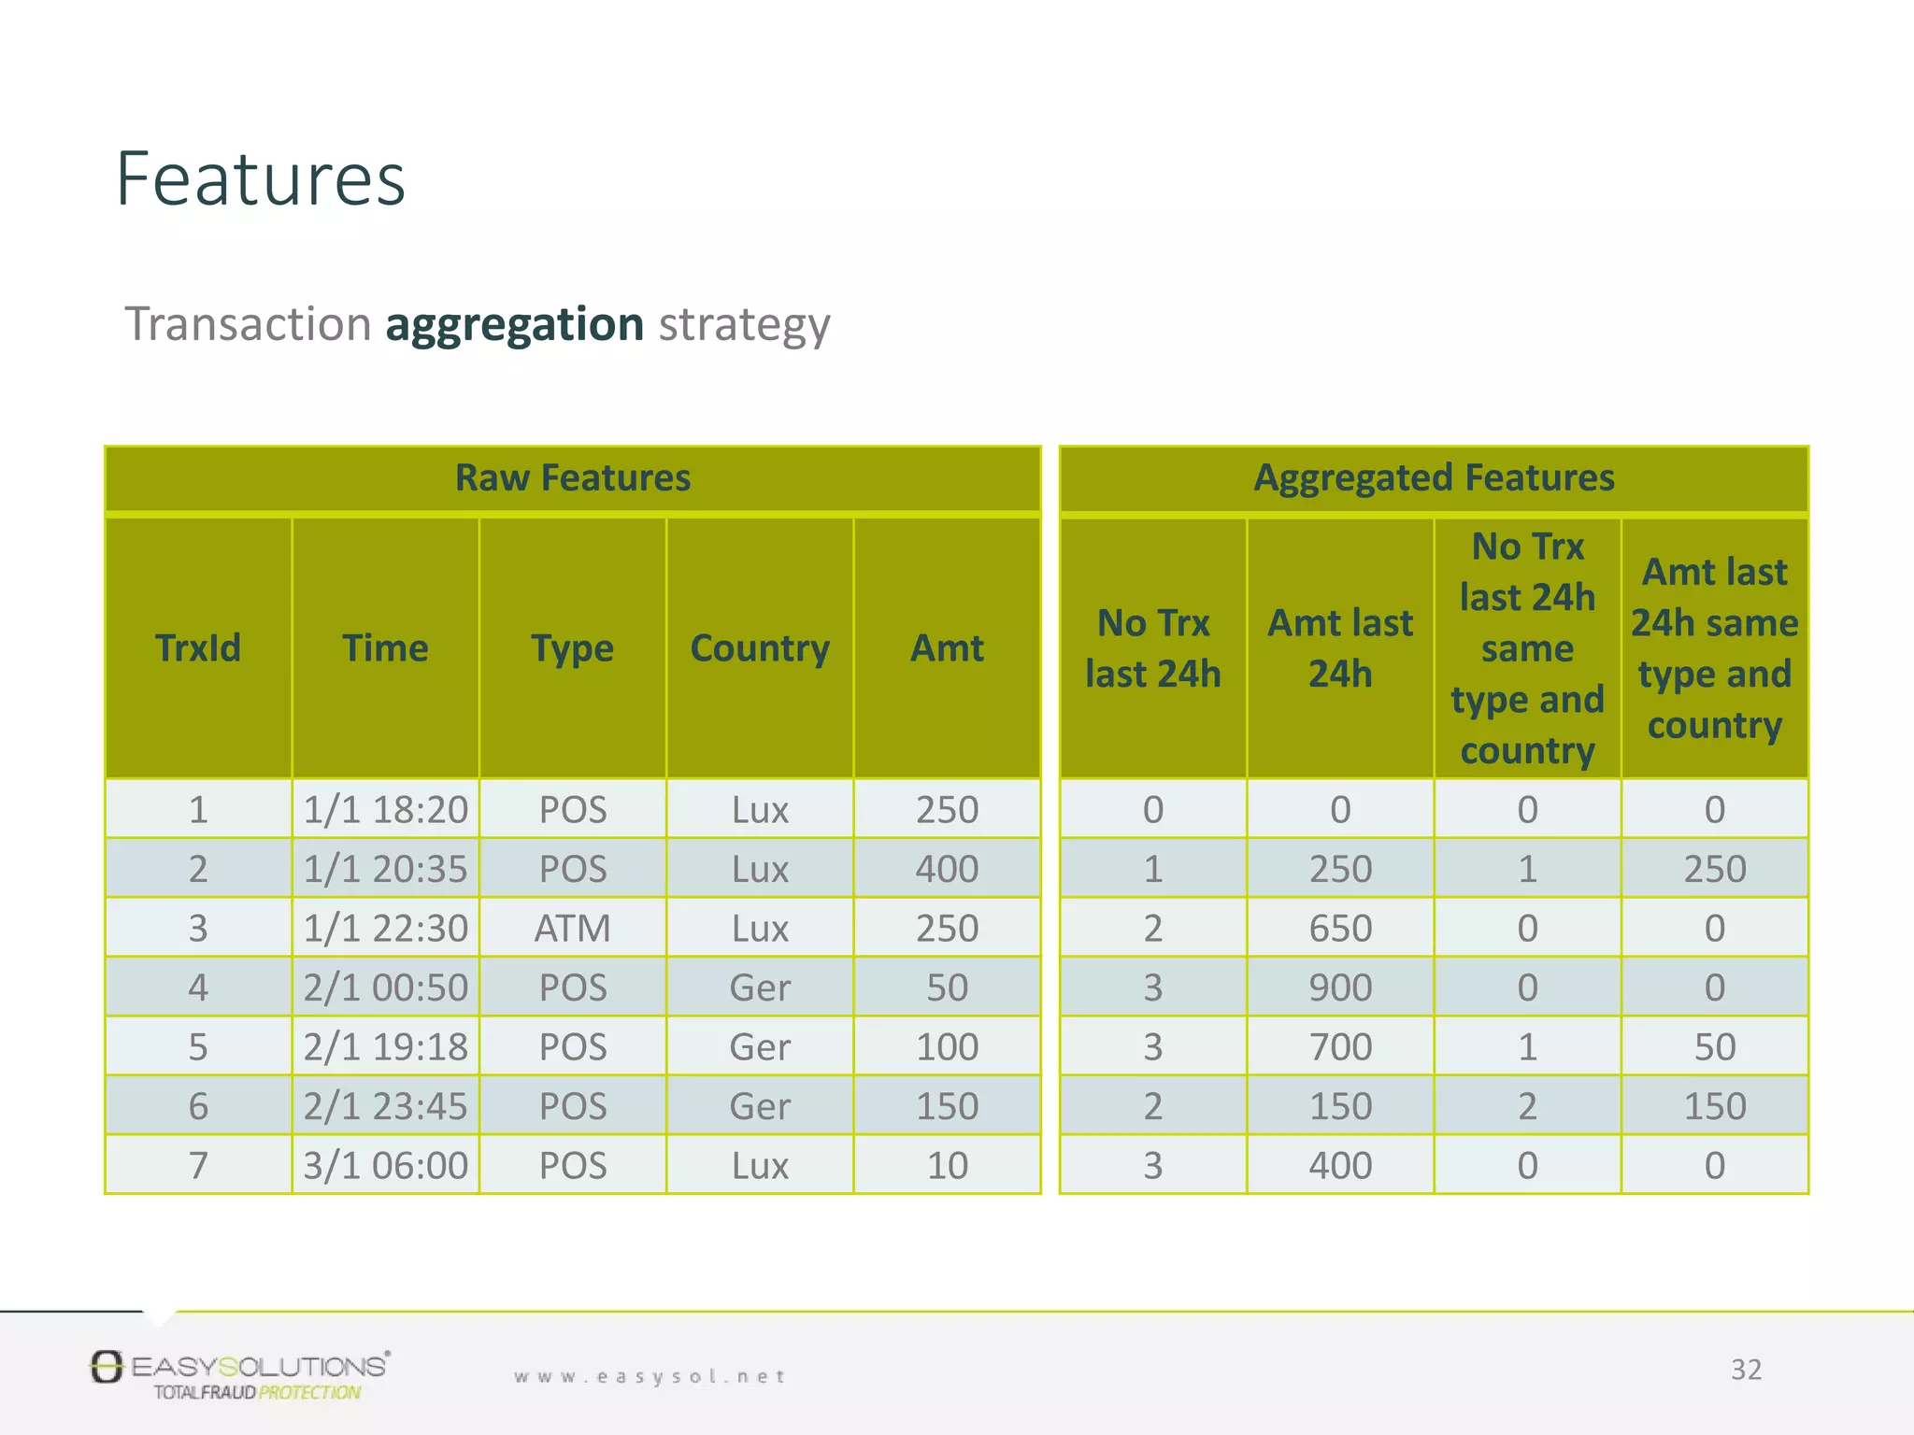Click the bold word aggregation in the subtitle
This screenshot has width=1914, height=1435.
pyautogui.click(x=514, y=324)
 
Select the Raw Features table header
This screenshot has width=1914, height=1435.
pyautogui.click(x=572, y=478)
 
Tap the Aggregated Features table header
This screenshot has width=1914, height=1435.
pyautogui.click(x=1434, y=478)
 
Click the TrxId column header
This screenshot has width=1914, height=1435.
pyautogui.click(x=198, y=648)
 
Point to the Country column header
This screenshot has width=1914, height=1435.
pyautogui.click(x=760, y=648)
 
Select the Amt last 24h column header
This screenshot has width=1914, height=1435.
pyautogui.click(x=1340, y=648)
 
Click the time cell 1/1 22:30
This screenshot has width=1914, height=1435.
pyautogui.click(x=385, y=929)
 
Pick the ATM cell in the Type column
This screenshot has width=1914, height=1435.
pyautogui.click(x=572, y=929)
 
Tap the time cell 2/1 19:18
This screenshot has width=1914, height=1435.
pyautogui.click(x=385, y=1047)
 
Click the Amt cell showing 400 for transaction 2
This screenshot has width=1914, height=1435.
pyautogui.click(x=947, y=870)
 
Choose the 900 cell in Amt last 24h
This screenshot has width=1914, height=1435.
pyautogui.click(x=1340, y=988)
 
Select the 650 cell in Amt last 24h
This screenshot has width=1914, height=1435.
pyautogui.click(x=1340, y=929)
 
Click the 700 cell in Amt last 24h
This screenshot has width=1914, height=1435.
pyautogui.click(x=1340, y=1047)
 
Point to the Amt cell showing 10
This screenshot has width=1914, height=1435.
pyautogui.click(x=947, y=1166)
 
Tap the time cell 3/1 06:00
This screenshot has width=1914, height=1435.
pyautogui.click(x=385, y=1166)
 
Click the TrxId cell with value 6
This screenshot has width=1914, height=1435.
pyautogui.click(x=198, y=1107)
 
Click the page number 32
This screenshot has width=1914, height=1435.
pyautogui.click(x=1746, y=1370)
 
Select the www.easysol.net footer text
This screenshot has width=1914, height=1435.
pyautogui.click(x=650, y=1376)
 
